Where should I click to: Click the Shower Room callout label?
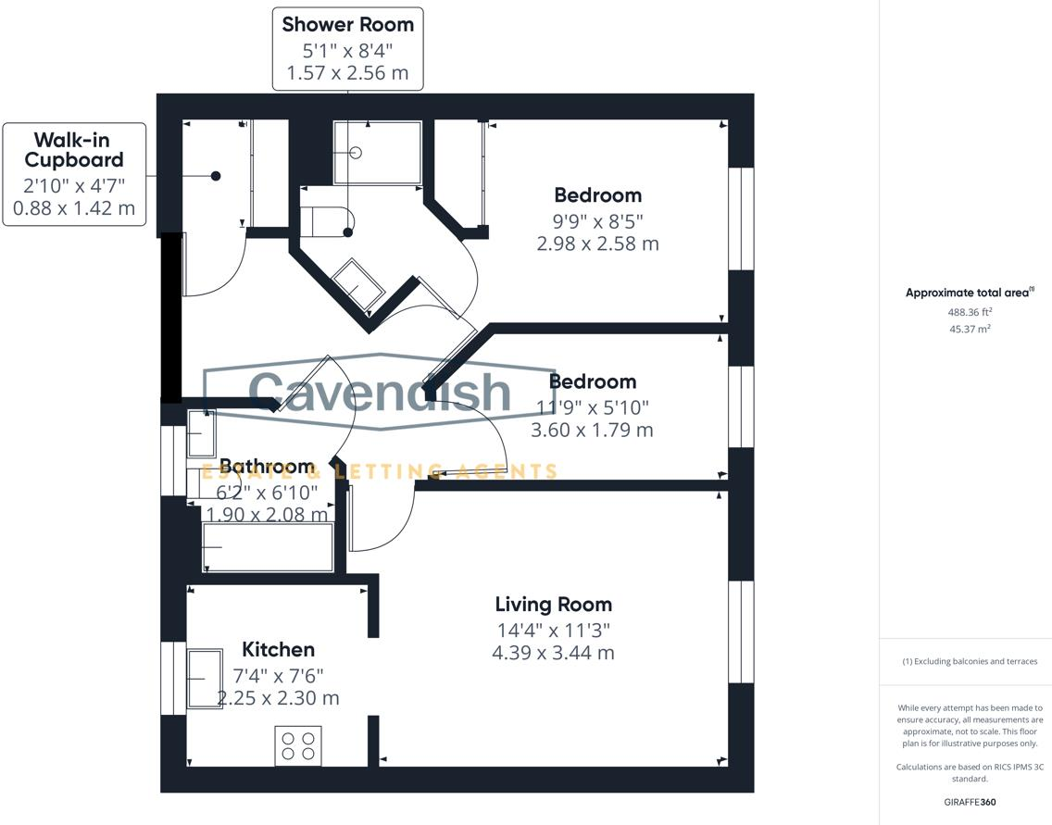[x=348, y=48]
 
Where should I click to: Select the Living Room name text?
[x=553, y=605]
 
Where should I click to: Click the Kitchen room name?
[x=278, y=649]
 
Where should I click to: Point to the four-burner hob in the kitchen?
[x=298, y=745]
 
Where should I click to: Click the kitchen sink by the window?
[x=205, y=679]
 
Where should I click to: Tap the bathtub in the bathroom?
[x=268, y=547]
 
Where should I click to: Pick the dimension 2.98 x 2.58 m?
[x=597, y=244]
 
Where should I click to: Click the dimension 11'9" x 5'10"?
[x=593, y=406]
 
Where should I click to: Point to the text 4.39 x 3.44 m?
[x=553, y=652]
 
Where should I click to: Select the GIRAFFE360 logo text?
[x=970, y=802]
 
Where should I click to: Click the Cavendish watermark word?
[x=380, y=392]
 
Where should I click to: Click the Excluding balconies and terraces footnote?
[x=970, y=661]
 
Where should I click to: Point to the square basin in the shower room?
[x=357, y=282]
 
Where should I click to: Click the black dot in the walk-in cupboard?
[x=216, y=176]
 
